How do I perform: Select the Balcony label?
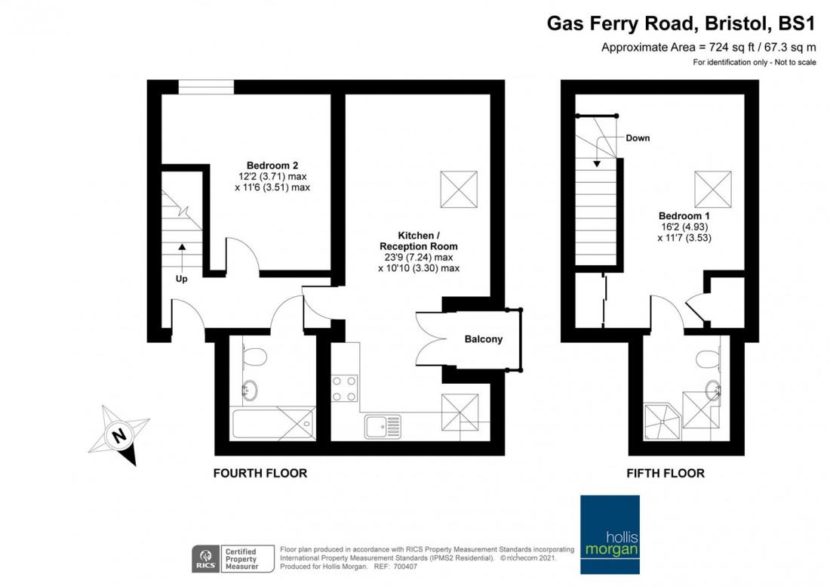(483, 339)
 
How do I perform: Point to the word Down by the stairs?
(638, 138)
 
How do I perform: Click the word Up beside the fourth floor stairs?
(182, 278)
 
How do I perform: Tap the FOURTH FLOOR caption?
(260, 474)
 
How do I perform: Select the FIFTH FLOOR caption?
(666, 474)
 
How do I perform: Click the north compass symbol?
(118, 436)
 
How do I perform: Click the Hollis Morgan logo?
(609, 536)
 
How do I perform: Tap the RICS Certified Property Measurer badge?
(226, 558)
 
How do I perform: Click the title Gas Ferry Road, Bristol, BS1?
(681, 24)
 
